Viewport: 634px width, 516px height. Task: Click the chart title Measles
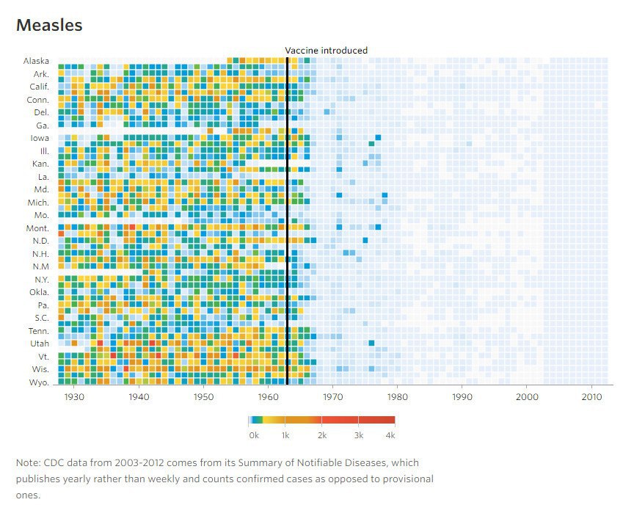tap(49, 25)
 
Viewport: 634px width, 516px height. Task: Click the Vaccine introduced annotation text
tap(326, 51)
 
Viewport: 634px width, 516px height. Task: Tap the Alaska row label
tap(36, 61)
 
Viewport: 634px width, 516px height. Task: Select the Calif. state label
tap(39, 87)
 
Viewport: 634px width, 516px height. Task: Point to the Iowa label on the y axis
tap(40, 137)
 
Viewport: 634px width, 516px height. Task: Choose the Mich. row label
tap(38, 202)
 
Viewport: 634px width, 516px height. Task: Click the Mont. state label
tap(37, 228)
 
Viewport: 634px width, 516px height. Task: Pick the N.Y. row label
tap(40, 279)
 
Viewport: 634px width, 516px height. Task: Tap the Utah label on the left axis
tap(40, 343)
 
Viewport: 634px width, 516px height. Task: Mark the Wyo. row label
tap(39, 382)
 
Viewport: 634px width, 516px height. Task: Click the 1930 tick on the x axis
tap(74, 396)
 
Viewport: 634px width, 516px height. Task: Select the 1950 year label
tap(203, 396)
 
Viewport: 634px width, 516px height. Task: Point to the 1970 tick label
tap(333, 396)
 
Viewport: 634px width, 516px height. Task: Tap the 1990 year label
tap(462, 396)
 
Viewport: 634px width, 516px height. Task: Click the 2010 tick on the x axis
tap(591, 396)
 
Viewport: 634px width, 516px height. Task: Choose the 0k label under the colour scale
tap(254, 435)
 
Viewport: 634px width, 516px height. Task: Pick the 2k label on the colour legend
tap(321, 435)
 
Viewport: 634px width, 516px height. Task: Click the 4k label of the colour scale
tap(390, 435)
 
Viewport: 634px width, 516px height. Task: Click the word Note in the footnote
tap(27, 463)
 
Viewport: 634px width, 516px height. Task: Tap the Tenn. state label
tap(38, 330)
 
